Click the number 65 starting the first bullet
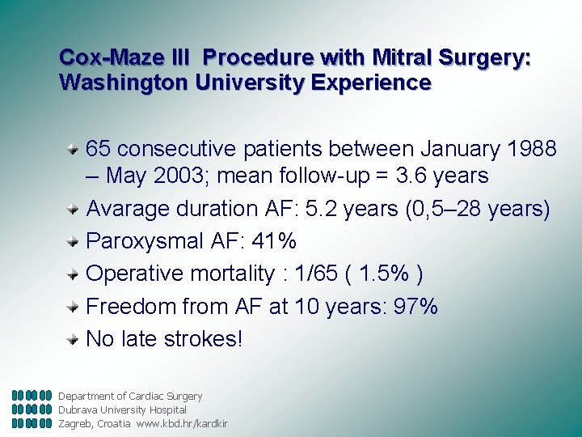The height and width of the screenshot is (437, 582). click(x=99, y=149)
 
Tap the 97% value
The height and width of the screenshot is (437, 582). click(x=415, y=306)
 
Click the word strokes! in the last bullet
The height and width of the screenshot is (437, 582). click(x=205, y=338)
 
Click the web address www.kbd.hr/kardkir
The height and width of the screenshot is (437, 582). click(x=182, y=423)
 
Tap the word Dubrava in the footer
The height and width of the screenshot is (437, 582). click(x=77, y=410)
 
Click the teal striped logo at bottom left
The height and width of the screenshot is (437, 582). click(x=32, y=409)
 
